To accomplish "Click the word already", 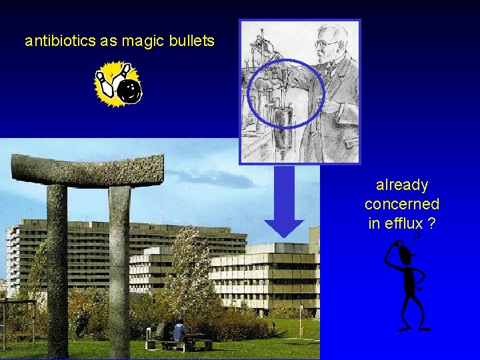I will (402, 185).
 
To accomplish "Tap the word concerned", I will (402, 204).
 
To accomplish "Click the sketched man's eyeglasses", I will (326, 43).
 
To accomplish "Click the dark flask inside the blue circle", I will (283, 124).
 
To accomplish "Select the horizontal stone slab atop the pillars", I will (87, 171).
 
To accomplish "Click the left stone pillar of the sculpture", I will (57, 267).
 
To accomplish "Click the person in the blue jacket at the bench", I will (178, 331).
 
